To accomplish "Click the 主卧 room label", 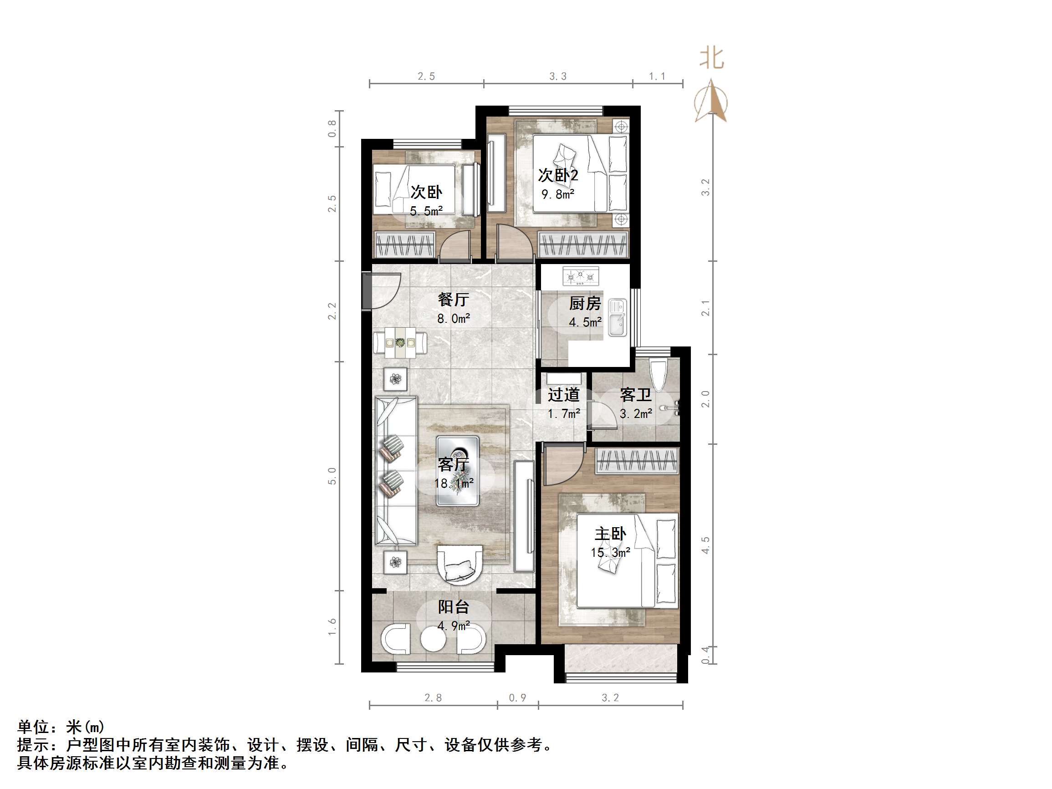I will [x=610, y=534].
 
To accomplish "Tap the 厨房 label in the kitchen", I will [x=585, y=303].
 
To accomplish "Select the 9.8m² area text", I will [x=558, y=194].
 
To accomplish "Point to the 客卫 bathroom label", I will [x=635, y=395].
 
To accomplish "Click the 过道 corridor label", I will [x=564, y=395].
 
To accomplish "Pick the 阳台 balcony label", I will [x=453, y=607].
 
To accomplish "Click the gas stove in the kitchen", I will [x=581, y=276].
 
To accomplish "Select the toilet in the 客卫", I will [x=659, y=376].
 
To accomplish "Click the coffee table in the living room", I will [x=458, y=471].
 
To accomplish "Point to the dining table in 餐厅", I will [x=400, y=342].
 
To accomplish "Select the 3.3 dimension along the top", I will [x=558, y=76].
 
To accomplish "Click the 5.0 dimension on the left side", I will [x=332, y=476].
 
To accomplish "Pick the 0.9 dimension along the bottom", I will [x=517, y=697].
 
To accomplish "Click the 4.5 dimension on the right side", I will [x=705, y=545].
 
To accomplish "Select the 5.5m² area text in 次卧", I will [x=427, y=211].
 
